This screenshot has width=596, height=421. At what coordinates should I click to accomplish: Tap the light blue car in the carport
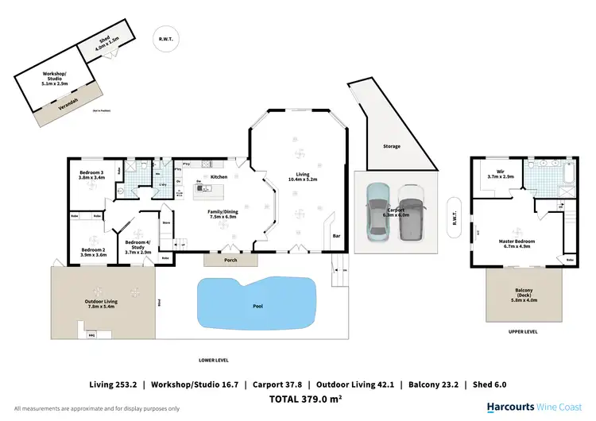tap(376, 210)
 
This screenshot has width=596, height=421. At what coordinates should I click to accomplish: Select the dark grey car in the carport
tap(409, 212)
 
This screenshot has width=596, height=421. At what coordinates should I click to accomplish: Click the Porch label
tap(230, 260)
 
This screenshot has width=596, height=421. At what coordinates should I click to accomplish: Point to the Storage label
tap(391, 146)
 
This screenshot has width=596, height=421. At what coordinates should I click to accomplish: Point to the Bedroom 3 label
tap(91, 175)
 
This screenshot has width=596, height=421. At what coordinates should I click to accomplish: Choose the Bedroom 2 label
tap(93, 253)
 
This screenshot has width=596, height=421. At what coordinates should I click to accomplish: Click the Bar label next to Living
tap(336, 236)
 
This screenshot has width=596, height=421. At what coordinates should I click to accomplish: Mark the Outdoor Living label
tap(103, 303)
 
